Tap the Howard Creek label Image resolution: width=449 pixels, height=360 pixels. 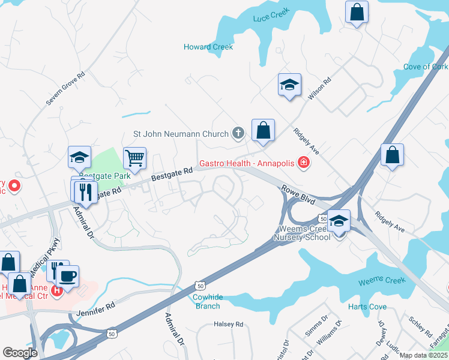point(208,47)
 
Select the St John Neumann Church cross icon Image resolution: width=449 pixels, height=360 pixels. point(238,133)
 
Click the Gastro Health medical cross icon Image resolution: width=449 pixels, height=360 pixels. point(304,163)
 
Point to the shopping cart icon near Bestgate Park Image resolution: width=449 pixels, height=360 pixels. point(135,158)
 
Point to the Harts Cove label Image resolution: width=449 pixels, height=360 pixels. point(367,307)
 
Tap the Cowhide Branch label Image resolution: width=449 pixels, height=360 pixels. point(207,301)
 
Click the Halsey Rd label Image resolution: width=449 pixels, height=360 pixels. point(229,324)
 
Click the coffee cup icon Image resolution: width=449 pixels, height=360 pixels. point(67,276)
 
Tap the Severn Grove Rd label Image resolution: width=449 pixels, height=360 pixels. point(65,90)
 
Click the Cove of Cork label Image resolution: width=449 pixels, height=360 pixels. point(426,67)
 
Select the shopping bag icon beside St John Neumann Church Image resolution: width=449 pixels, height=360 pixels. point(263,130)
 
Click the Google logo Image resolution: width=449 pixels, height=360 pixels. point(20,353)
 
